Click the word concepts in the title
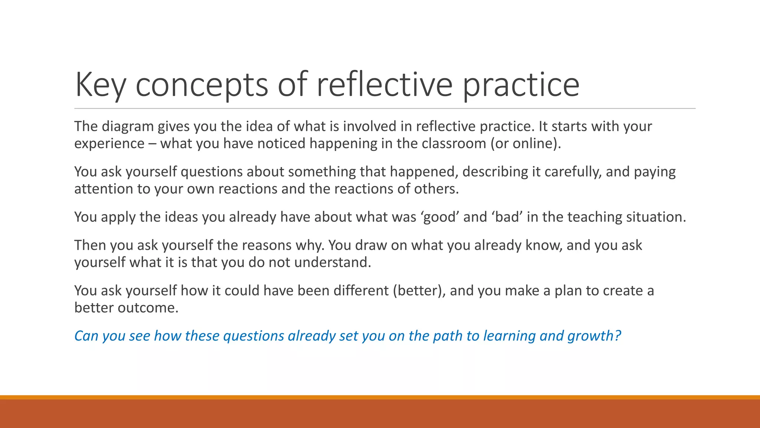202,85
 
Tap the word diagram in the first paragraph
127,127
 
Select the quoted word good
440,217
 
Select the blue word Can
86,336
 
